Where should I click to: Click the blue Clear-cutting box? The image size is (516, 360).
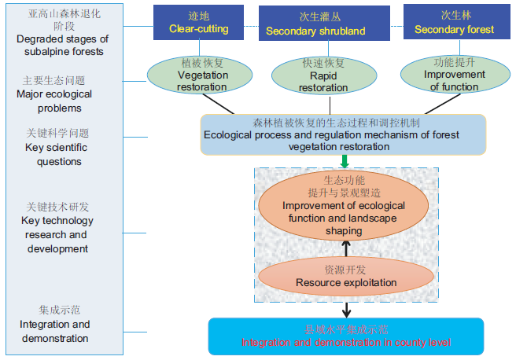[x=198, y=21]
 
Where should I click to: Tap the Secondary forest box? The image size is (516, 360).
[x=455, y=22]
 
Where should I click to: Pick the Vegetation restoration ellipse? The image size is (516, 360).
[x=191, y=75]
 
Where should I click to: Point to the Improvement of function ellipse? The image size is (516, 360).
[x=455, y=75]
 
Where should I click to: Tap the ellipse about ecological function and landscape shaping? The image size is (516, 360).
[x=345, y=206]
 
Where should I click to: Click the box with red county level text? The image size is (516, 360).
[x=345, y=336]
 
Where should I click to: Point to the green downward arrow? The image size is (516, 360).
[x=345, y=161]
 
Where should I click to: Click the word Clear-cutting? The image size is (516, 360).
[x=198, y=29]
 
